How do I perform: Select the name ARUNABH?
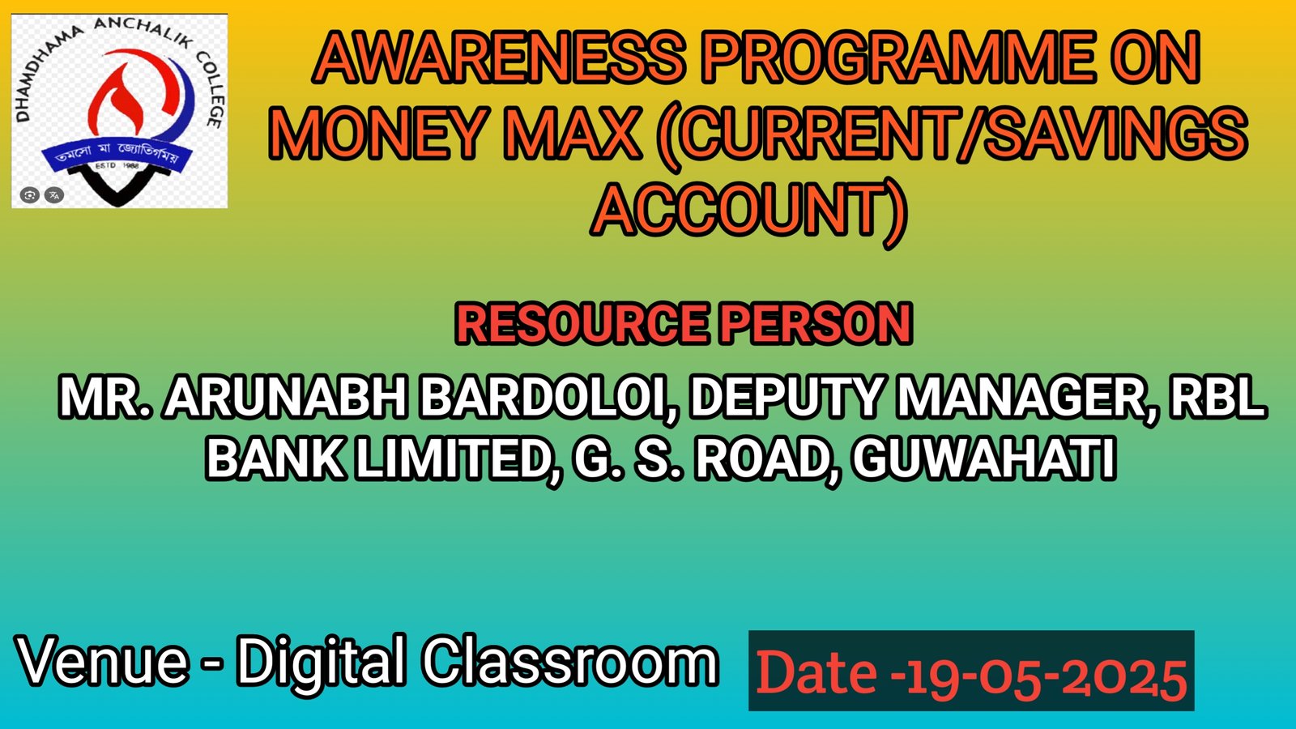click(x=286, y=397)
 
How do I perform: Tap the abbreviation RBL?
click(x=1218, y=397)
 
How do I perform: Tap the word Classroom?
click(x=570, y=660)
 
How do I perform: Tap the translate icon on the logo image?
click(x=53, y=195)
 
